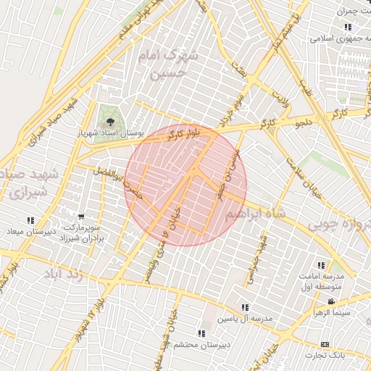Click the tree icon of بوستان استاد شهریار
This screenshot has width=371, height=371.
tap(109, 121)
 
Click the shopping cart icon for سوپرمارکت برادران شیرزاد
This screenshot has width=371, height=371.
tap(81, 216)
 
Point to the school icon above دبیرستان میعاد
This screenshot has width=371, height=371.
tap(30, 220)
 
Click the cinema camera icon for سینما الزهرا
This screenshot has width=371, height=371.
tap(331, 301)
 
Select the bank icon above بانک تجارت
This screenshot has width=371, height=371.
tap(325, 343)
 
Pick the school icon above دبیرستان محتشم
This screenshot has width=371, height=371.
tap(201, 334)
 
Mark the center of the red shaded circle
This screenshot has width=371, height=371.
tap(185, 185)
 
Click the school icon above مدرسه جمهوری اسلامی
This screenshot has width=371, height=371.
tap(348, 28)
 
